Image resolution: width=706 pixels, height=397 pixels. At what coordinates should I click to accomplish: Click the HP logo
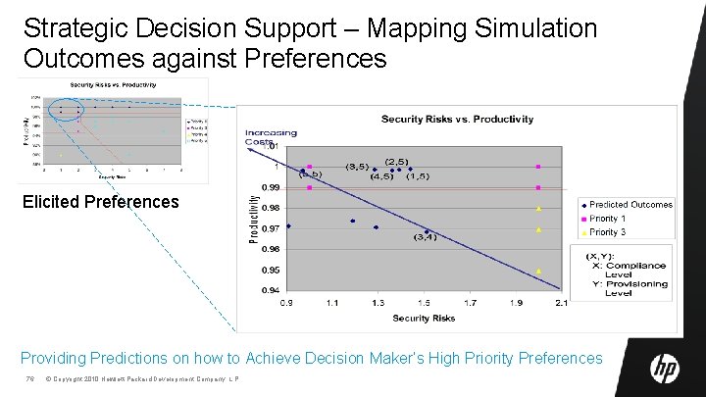tap(665, 368)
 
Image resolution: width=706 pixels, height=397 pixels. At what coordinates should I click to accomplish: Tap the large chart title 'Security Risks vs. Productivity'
tap(457, 119)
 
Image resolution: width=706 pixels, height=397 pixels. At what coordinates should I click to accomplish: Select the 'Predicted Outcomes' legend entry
tap(630, 205)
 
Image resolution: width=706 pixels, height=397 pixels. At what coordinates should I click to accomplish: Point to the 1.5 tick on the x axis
tap(424, 303)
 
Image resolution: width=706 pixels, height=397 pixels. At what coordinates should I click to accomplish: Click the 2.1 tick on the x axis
tap(561, 303)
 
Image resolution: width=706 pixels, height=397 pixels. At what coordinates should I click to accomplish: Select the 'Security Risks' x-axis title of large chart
tap(424, 319)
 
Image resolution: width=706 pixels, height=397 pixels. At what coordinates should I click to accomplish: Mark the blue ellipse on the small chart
tap(69, 111)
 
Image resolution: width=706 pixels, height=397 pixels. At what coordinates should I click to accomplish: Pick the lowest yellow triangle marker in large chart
tap(538, 271)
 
